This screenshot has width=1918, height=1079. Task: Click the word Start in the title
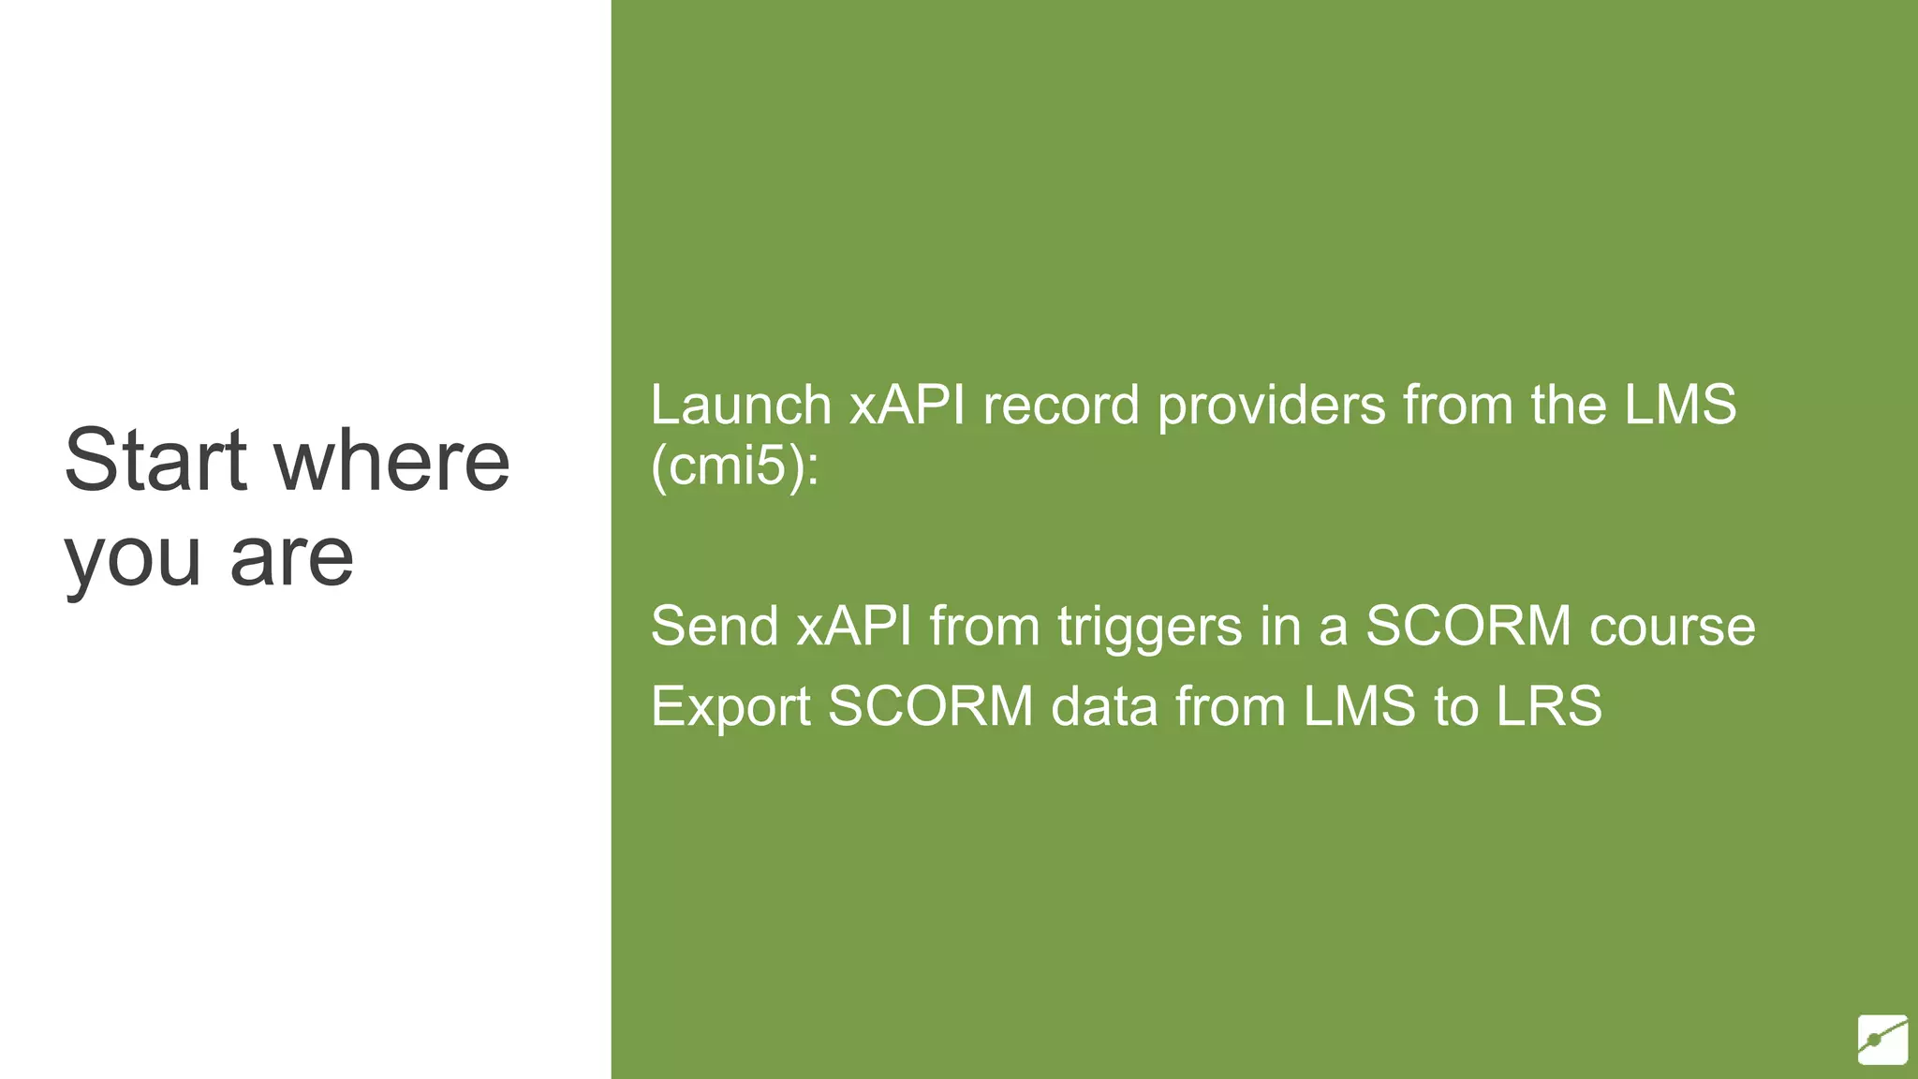[x=155, y=460]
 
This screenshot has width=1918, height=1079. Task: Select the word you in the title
[x=132, y=558]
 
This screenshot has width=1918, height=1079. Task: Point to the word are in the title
[x=291, y=558]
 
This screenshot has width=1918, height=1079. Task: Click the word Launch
[x=741, y=406]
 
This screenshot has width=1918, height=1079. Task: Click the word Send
[x=715, y=626]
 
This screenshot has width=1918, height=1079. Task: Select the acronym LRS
[x=1549, y=706]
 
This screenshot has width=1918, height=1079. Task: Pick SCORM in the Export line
[x=931, y=706]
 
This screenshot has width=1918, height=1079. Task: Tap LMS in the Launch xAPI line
[x=1680, y=406]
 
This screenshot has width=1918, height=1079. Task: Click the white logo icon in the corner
[x=1882, y=1039]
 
